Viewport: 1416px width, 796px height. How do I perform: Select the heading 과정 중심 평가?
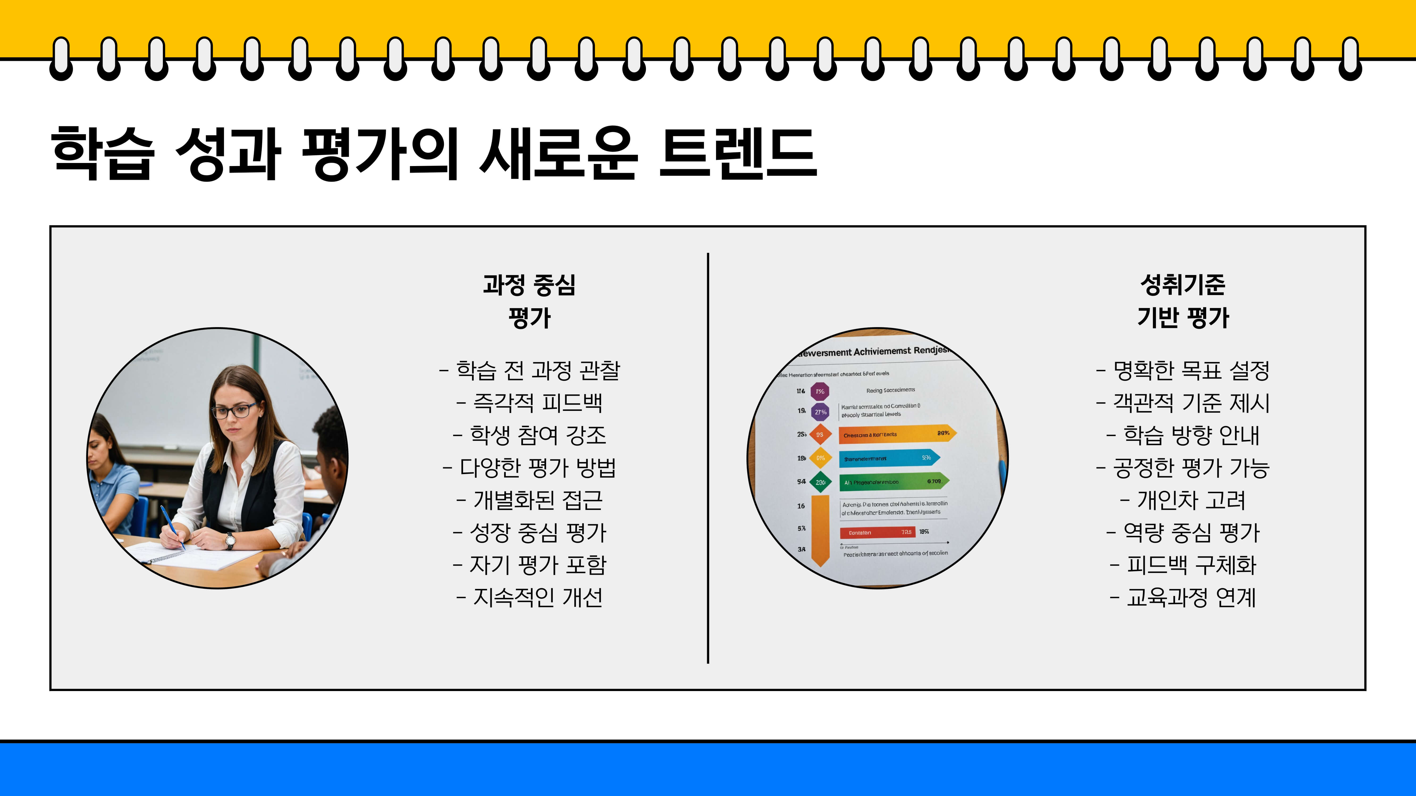(529, 301)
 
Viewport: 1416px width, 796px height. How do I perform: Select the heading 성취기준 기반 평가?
(1183, 301)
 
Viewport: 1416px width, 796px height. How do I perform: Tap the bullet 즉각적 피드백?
(530, 403)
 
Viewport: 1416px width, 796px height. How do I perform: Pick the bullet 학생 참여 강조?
(530, 435)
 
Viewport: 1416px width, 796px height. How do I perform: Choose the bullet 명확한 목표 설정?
(1183, 370)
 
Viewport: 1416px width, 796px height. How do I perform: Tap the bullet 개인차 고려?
(1183, 500)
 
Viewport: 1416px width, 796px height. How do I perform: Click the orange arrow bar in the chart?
(896, 434)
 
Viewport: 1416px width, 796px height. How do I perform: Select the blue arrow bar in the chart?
(888, 458)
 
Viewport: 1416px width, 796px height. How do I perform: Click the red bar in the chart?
(877, 532)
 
